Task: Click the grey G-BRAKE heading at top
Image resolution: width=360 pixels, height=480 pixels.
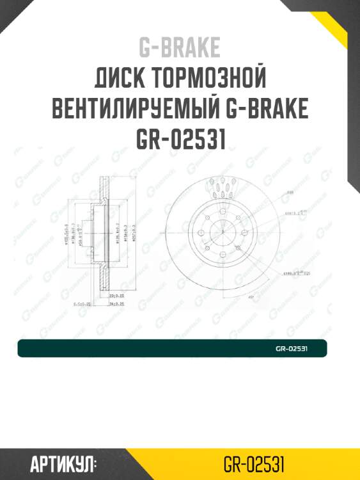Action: click(x=179, y=48)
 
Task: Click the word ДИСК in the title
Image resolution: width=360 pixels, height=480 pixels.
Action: click(x=121, y=79)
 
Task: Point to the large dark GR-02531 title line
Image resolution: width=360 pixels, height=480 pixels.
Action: click(x=180, y=140)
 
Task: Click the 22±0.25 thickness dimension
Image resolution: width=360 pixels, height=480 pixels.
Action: click(x=116, y=296)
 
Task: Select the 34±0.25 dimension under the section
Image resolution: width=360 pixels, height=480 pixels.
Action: click(x=116, y=304)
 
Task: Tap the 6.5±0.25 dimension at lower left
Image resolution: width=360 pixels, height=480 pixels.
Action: click(x=82, y=304)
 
